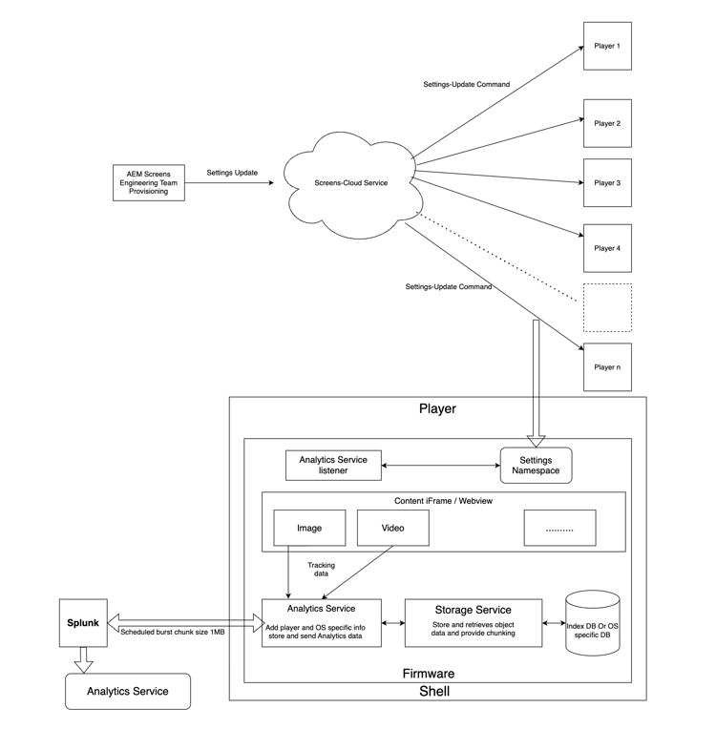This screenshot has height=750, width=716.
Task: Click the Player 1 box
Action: coord(607,46)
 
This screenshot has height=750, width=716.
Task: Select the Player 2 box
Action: coord(607,123)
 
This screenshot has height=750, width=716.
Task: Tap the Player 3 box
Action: coord(607,182)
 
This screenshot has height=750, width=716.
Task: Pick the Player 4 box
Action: coord(607,248)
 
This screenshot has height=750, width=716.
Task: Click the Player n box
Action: coord(607,366)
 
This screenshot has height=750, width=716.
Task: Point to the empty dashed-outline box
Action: coord(607,307)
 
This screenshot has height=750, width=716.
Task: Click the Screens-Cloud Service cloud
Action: coord(351,183)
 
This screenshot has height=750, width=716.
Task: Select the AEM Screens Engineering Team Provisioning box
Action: coord(148,182)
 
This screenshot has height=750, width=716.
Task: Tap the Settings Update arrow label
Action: coord(231,174)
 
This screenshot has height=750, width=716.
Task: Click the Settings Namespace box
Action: coord(536,466)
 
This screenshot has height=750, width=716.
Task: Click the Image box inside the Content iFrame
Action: coord(309,528)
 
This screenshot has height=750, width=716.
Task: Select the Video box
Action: coord(393,528)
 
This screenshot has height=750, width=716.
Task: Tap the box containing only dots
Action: coord(559,528)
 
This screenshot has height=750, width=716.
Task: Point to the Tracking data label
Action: coord(321,570)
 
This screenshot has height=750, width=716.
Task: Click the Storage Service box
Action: coord(474,623)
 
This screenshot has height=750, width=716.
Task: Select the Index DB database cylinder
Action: coord(593,624)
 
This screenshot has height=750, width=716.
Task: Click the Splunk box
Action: coord(83,623)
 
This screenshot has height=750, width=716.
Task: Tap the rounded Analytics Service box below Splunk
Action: coord(128,691)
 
